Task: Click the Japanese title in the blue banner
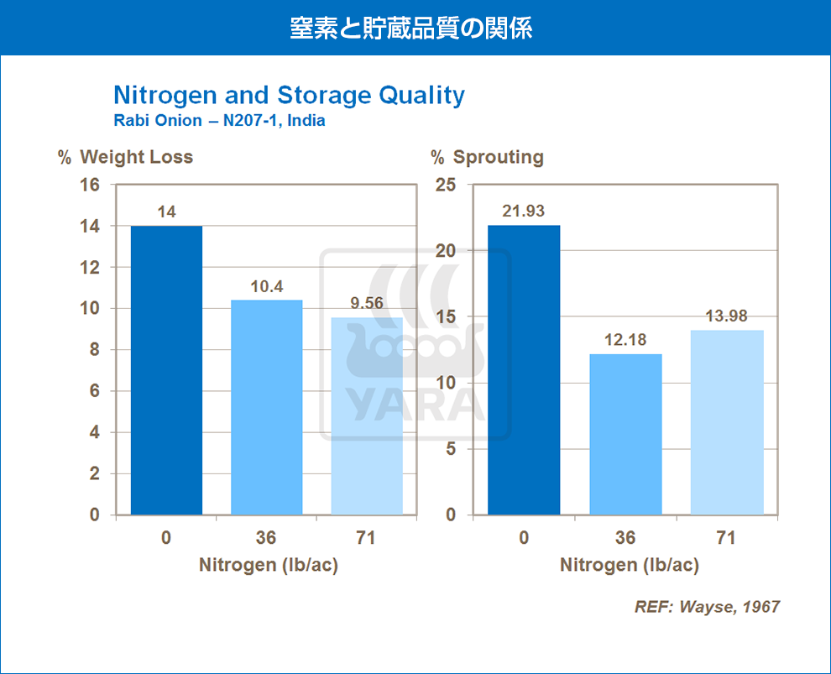410,28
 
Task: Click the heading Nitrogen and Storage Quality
290,96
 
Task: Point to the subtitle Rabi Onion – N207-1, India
219,120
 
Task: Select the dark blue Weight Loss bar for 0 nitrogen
166,370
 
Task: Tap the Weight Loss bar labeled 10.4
267,407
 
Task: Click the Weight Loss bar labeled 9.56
367,416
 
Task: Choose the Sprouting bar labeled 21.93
524,370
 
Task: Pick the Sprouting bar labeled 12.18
625,435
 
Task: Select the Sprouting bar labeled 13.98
727,422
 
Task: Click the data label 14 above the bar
166,212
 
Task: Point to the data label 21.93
523,211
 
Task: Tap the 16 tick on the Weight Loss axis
90,185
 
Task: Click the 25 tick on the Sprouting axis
446,185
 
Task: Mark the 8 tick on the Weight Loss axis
94,350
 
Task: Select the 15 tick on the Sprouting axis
446,317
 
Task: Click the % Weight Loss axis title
126,157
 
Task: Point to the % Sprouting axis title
487,157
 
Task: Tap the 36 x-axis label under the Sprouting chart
625,538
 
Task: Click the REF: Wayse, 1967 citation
707,607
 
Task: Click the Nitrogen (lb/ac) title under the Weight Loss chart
268,565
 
